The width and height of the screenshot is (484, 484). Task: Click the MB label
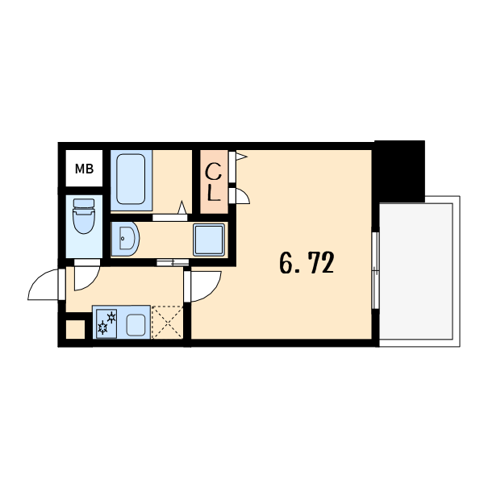pos(84,169)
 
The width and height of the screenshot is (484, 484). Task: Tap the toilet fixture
pos(84,215)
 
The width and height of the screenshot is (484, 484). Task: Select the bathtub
pos(131,179)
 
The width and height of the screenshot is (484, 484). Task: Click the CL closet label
pos(213,182)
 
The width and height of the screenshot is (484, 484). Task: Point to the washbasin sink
pos(125,239)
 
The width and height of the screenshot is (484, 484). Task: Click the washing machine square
pos(209,240)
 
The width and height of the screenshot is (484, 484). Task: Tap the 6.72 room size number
pos(307,263)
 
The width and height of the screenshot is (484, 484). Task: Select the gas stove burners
pos(106,323)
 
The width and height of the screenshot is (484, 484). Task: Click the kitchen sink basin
pos(136,325)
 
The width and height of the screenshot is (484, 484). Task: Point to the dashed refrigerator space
pos(167,322)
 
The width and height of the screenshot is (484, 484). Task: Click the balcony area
pos(415,271)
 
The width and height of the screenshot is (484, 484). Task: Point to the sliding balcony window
pos(375,270)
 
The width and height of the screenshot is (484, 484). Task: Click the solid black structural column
pos(400,171)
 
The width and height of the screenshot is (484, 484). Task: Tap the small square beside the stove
pos(75,330)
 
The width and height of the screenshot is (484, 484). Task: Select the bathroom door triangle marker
pos(182,207)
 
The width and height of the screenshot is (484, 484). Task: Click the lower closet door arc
pos(243,196)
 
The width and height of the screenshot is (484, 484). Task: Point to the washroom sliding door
pos(173,263)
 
